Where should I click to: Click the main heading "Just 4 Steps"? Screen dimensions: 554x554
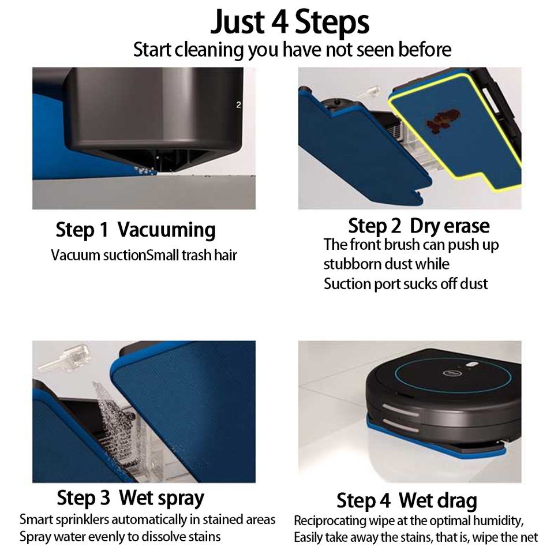290,22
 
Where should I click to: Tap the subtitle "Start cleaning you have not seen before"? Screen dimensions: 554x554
292,50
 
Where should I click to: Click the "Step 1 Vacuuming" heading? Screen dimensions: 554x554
136,230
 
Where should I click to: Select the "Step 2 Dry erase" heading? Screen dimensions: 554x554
419,226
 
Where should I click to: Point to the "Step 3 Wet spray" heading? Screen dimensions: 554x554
130,498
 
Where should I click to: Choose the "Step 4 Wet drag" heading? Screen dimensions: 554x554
407,501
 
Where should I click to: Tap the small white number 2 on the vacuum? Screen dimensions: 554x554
238,104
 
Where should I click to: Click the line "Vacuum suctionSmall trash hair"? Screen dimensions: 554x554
144,255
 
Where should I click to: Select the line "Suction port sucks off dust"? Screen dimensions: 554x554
406,284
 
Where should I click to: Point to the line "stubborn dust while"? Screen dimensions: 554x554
386,264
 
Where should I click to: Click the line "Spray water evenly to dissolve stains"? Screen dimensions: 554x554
120,537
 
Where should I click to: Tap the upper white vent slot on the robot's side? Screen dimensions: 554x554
400,410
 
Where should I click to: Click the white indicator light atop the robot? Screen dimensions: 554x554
472,364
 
